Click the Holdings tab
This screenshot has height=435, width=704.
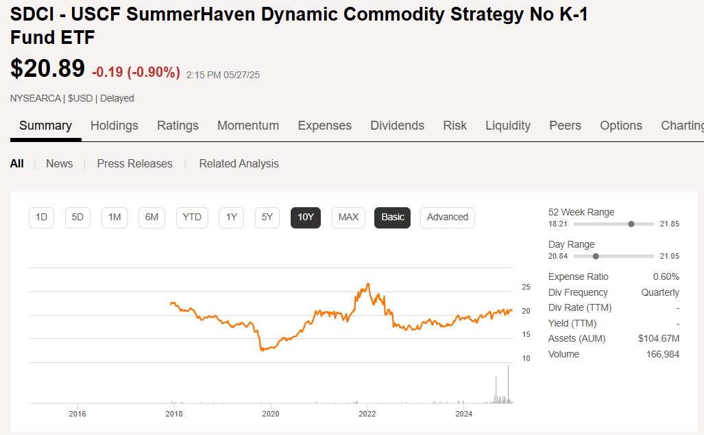(114, 126)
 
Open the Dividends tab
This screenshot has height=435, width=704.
(397, 126)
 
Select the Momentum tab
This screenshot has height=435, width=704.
(248, 126)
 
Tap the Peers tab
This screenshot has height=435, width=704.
(565, 126)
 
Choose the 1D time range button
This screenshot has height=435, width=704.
(41, 217)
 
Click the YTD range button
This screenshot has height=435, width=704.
(192, 217)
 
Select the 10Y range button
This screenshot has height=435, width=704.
(306, 217)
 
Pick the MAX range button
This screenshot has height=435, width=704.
(348, 217)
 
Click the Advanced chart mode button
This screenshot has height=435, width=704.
(447, 217)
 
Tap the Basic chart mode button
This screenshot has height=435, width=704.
(393, 217)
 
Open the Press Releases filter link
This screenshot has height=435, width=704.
(134, 163)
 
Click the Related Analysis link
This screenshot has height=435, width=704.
(239, 163)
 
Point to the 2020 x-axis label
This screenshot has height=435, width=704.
(271, 414)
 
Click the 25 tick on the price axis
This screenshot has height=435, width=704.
(526, 287)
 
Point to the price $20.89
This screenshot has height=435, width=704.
(47, 69)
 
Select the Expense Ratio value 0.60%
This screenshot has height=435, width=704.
(666, 277)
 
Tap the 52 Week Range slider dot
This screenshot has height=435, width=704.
(631, 224)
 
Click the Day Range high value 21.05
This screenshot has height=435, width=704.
(669, 256)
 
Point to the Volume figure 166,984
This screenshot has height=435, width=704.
(662, 355)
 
